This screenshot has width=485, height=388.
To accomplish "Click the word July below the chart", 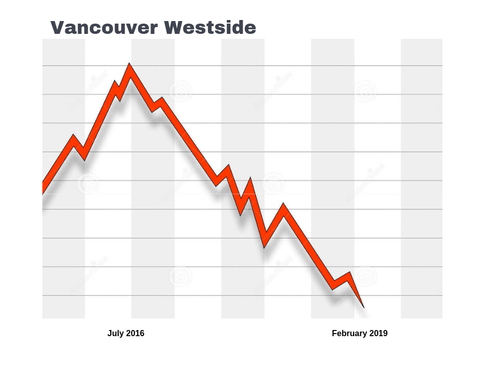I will click(x=115, y=334).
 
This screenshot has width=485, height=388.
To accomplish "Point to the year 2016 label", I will click(x=135, y=334).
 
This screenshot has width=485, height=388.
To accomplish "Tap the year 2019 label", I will click(x=378, y=334).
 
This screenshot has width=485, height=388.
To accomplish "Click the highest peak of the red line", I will click(x=129, y=68).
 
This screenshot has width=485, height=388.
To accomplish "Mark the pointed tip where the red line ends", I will click(x=363, y=307).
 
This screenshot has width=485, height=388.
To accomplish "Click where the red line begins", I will click(x=43, y=188).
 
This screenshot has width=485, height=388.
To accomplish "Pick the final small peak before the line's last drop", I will click(x=349, y=276).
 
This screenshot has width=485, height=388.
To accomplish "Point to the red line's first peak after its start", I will click(x=74, y=139).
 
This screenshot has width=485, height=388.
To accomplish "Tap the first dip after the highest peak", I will click(x=153, y=108).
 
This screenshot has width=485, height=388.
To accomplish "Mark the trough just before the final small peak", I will click(x=333, y=286).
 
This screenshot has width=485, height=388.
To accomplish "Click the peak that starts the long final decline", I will click(x=283, y=208).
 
